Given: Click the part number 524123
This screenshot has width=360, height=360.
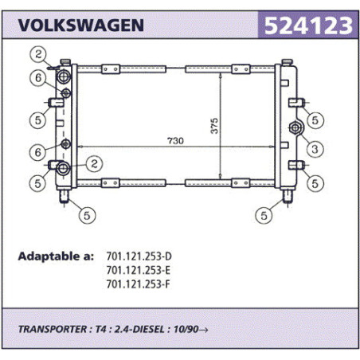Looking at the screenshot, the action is point(308,25).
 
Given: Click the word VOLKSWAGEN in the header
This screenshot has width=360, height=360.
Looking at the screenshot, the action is point(81,25).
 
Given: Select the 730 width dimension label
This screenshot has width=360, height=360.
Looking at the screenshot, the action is point(175,140).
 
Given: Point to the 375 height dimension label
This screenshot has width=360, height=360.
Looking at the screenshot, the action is point(214,126).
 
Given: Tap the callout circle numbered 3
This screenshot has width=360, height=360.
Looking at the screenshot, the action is point(315,149).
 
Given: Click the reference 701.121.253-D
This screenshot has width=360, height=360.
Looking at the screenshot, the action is point(139,256).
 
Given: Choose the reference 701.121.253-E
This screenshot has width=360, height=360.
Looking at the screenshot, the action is point(138,270).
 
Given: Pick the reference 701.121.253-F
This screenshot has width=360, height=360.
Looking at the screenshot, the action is point(138,284).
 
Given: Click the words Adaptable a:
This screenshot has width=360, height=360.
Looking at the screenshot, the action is point(56,256).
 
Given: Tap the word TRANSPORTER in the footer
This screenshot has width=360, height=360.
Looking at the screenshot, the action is point(53,329).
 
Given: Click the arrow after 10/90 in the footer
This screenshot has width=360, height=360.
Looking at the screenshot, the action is point(203,330).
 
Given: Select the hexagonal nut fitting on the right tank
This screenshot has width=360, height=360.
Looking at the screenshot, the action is point(295,127).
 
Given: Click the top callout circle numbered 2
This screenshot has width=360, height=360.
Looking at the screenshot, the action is point(38,54).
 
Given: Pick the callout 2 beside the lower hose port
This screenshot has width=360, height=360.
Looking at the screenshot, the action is point(94,163).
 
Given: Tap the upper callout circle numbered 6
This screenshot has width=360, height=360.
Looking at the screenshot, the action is point(38,78).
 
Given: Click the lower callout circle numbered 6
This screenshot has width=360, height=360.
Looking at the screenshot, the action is point(38,152).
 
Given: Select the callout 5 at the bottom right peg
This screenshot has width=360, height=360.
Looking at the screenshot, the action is point(264,215).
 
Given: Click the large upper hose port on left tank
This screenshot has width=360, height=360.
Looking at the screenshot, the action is point(64,77).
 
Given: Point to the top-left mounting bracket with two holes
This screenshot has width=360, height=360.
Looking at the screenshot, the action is point(111,69).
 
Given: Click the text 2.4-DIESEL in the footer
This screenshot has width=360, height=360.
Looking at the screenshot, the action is point(139,329).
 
